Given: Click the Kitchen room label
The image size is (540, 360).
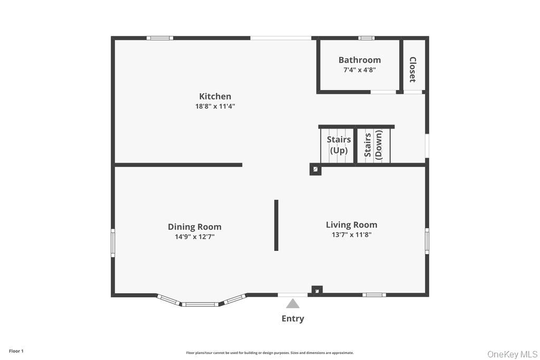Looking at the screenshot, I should [215, 96].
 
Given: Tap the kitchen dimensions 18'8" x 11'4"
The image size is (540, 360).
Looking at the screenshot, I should [215, 106].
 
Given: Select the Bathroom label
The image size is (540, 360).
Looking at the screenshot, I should [359, 60].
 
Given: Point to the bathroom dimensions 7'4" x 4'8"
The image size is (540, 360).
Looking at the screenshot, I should [359, 70].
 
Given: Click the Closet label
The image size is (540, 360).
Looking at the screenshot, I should [412, 70].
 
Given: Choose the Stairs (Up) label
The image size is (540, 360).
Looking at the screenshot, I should [339, 145].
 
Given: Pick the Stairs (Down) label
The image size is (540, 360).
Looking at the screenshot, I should [373, 145].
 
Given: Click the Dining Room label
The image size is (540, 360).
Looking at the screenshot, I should [195, 227].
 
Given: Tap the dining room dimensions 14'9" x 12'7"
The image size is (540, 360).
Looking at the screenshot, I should [195, 237].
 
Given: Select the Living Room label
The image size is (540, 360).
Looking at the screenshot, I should [351, 225].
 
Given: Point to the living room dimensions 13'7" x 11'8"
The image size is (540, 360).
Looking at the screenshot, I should [351, 235].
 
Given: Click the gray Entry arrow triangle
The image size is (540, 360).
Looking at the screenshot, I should [293, 304].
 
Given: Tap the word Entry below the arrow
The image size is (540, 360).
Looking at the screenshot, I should [293, 318].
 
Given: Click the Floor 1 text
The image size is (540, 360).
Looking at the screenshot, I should [16, 351].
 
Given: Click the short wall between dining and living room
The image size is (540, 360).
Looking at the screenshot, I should [276, 225].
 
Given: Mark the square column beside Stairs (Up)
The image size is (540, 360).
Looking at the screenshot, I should [315, 169].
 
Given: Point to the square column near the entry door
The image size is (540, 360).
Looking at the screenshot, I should [316, 290].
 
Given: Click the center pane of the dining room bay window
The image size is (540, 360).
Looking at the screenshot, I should [200, 304].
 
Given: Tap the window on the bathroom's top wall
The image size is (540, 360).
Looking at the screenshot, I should [366, 38].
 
